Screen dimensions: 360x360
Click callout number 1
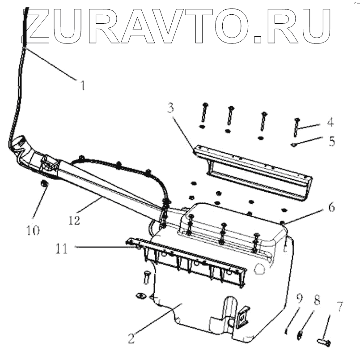(82, 84)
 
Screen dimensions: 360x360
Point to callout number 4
(330, 121)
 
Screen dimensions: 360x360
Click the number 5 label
(331, 141)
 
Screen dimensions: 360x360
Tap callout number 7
(340, 307)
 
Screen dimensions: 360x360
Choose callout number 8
(317, 301)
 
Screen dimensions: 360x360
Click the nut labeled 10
(44, 184)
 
